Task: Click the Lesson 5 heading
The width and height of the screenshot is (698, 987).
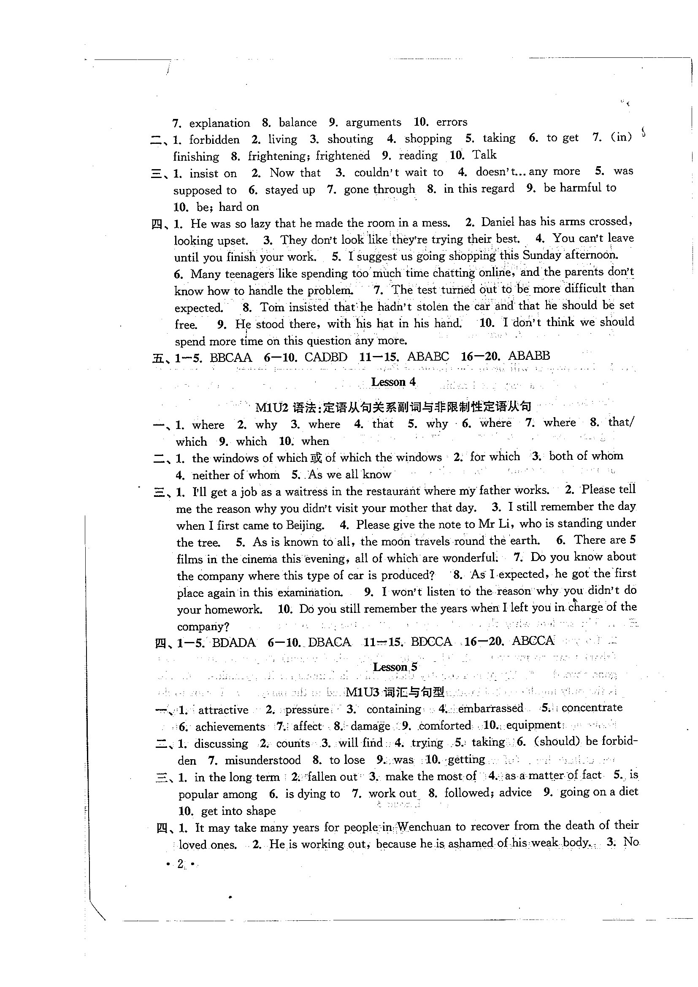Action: [395, 667]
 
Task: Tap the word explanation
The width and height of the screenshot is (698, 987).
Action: [219, 123]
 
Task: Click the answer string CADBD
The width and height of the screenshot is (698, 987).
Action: [325, 357]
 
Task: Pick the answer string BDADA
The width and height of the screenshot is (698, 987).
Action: [233, 643]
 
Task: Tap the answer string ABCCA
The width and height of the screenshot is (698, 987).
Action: [533, 641]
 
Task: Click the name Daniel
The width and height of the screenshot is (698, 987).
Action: [498, 222]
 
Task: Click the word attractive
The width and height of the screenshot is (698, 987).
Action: [223, 709]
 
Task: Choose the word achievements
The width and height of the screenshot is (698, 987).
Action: [230, 726]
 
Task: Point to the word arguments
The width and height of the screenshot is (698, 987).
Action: [373, 122]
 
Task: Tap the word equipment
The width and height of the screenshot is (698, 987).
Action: [533, 725]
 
